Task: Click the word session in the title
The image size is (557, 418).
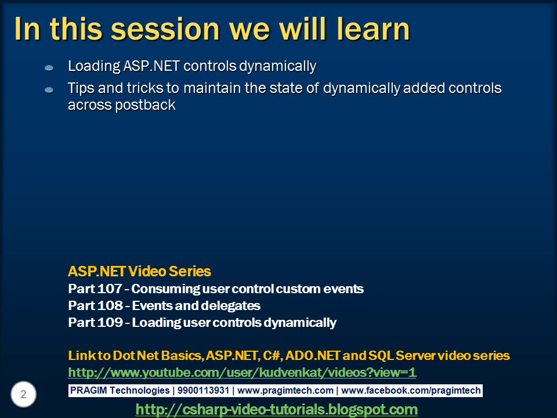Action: pos(165,29)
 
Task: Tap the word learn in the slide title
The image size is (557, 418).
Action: pos(374,28)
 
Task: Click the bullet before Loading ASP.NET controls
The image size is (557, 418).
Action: pos(49,67)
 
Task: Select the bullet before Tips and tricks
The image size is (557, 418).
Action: pos(49,90)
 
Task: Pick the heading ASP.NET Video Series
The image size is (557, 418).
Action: pos(139,271)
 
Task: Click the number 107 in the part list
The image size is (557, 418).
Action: pos(108,289)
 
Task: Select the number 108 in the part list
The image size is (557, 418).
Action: pos(109,305)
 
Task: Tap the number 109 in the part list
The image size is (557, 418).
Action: pos(109,322)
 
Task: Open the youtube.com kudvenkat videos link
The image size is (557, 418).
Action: pos(242,373)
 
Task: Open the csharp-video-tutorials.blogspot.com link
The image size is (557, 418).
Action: pos(276,409)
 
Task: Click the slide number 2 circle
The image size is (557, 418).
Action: pos(23,394)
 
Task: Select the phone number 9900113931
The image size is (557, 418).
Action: pos(203,390)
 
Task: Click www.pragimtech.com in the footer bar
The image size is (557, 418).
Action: pos(285,391)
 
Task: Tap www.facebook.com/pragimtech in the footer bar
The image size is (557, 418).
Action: pos(411,391)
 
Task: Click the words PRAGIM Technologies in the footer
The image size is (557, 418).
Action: pos(120,391)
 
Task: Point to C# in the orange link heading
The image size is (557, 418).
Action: pos(273,356)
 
